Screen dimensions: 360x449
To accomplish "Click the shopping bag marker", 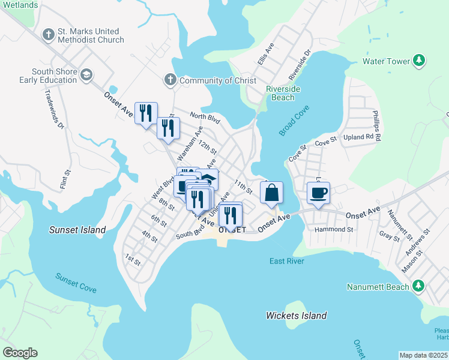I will [271, 193].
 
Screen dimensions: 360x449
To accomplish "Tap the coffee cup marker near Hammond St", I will [318, 193].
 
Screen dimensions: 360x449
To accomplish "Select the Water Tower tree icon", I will [419, 61].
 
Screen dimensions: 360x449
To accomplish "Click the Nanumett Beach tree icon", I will [419, 286].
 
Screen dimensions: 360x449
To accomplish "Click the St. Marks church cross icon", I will [49, 35].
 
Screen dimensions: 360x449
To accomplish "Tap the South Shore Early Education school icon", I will [86, 75].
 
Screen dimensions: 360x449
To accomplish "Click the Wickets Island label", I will [297, 316].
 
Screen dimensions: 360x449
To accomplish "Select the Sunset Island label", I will [77, 230].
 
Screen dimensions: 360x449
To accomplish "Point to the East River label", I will [287, 261].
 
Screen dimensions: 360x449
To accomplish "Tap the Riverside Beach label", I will [280, 94].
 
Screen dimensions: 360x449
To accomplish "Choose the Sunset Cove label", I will [76, 283].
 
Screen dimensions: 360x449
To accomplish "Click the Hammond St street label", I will [333, 229].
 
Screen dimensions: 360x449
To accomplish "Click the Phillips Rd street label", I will [376, 125].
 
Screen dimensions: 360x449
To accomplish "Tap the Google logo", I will [20, 353].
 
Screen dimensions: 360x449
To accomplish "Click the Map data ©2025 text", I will [423, 355].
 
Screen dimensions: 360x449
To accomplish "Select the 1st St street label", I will [133, 262].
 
